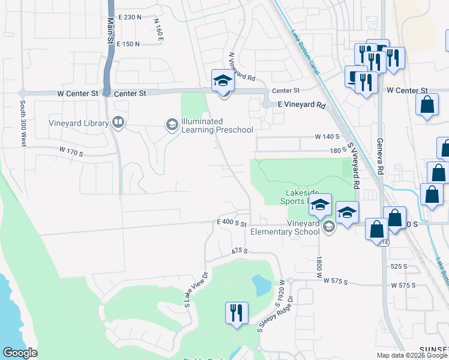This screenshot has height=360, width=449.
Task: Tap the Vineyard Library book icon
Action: [x=118, y=124]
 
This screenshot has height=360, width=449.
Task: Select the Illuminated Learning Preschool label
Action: [x=217, y=125]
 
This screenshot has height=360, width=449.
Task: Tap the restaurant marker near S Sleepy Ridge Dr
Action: [x=235, y=313]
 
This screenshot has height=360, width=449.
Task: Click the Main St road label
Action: [x=110, y=29]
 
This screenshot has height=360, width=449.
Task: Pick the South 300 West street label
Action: [x=23, y=131]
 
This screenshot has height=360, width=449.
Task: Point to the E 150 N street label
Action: [x=128, y=44]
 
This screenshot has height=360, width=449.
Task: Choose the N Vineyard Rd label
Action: [x=243, y=67]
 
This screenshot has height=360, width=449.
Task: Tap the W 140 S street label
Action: [x=327, y=137]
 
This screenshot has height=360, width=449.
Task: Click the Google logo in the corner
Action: [x=19, y=353]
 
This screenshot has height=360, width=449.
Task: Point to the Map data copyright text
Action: [x=411, y=355]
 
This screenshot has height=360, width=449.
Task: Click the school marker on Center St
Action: [x=222, y=80]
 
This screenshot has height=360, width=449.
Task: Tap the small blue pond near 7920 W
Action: [x=261, y=285]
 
